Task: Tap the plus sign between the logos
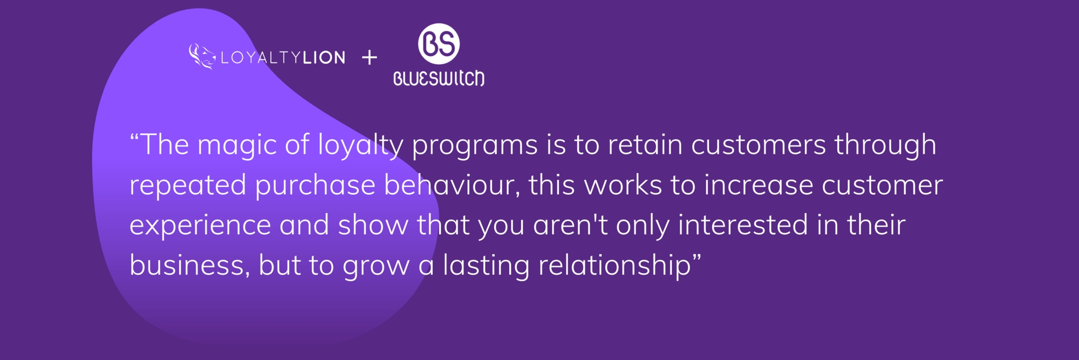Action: tap(370, 57)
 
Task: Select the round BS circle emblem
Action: tap(439, 44)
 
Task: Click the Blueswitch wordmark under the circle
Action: tap(439, 79)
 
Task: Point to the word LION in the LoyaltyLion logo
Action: tap(324, 58)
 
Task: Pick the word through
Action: tap(885, 146)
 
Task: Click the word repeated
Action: tap(188, 186)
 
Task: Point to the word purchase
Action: tap(315, 186)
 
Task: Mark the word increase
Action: tap(759, 185)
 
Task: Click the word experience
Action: tap(200, 226)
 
